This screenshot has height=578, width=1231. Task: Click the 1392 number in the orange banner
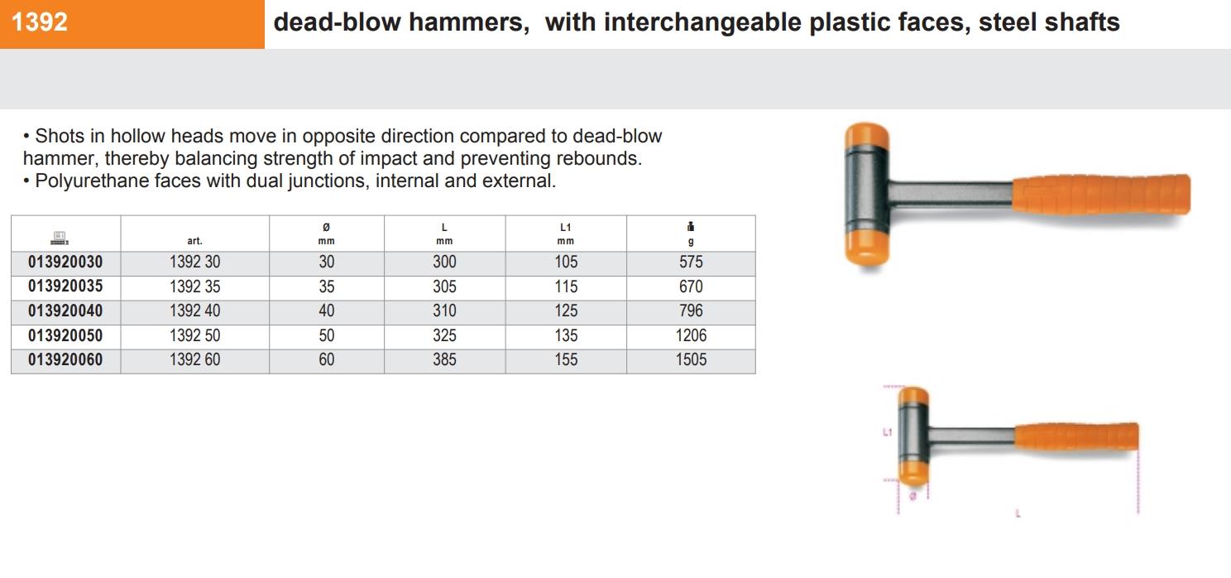click(x=40, y=22)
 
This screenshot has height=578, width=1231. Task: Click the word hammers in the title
click(x=469, y=23)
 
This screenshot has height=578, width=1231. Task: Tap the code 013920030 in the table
click(x=65, y=262)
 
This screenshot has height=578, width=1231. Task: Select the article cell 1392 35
click(x=194, y=287)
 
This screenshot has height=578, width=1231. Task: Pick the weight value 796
click(x=691, y=311)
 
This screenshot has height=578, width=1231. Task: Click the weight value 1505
click(x=691, y=359)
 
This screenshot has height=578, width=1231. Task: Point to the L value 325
click(x=444, y=335)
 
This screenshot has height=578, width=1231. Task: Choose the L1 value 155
click(x=566, y=359)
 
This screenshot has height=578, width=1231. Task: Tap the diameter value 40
click(x=327, y=311)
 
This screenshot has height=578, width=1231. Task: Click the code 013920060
click(x=65, y=359)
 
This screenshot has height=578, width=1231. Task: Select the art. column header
click(x=194, y=241)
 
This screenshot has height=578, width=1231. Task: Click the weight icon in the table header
click(x=691, y=227)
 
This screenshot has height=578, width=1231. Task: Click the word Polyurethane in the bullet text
click(x=90, y=181)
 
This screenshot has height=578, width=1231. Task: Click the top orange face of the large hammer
click(x=867, y=137)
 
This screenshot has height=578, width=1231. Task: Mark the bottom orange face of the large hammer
click(x=867, y=248)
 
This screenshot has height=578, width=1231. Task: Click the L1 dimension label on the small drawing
click(x=887, y=432)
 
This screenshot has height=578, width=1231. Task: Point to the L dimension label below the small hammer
click(x=1018, y=513)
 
